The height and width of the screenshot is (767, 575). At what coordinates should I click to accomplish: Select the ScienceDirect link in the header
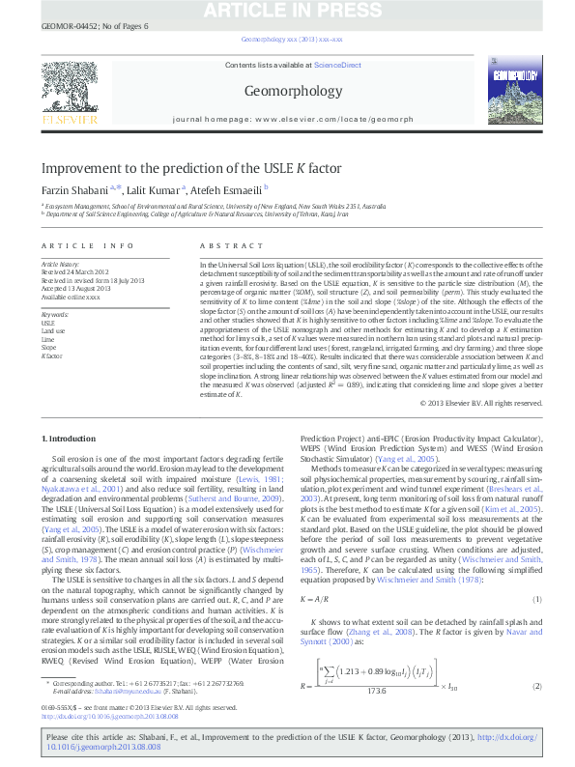337,65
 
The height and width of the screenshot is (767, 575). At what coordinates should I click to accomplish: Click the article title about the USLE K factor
190,168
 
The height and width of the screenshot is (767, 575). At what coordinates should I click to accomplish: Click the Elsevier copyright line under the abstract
490,402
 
